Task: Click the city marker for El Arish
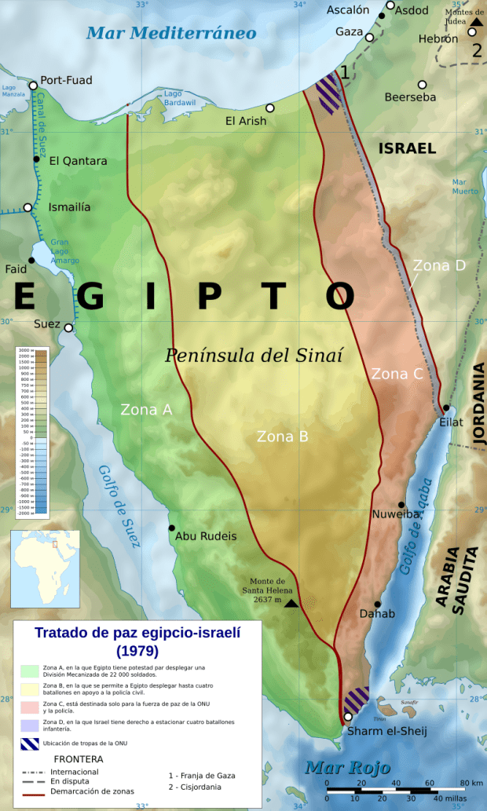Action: tap(270, 108)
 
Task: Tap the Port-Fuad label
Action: tap(66, 80)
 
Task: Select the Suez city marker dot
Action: tap(68, 328)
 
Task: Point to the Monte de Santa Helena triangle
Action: tap(291, 603)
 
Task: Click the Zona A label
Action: tap(146, 409)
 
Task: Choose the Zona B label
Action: tap(282, 437)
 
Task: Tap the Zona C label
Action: tap(397, 374)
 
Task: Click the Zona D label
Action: tap(439, 265)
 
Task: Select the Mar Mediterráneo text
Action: tap(171, 33)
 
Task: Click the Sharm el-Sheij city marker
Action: tap(348, 717)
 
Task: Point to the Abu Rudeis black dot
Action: tap(172, 528)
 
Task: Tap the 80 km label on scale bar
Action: tap(471, 783)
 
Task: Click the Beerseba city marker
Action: tap(422, 85)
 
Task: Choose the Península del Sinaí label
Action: tap(254, 355)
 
